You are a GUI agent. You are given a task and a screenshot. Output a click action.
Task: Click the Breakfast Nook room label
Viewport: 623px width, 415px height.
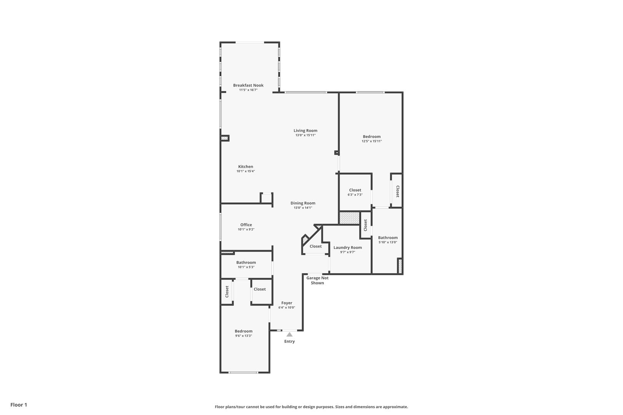coord(248,85)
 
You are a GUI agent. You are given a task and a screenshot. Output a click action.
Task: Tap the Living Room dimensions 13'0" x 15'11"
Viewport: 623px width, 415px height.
coord(305,135)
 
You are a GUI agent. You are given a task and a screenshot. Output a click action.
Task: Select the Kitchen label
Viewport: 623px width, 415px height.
coord(245,167)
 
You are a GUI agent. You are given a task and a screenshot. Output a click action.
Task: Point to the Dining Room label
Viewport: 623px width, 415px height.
coord(303,203)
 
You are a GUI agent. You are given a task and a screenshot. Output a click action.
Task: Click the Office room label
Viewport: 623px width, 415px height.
coord(246,225)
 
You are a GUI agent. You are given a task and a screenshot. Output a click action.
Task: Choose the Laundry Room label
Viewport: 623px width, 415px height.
coord(348,247)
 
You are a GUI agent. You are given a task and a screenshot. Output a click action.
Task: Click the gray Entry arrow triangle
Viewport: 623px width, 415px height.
coord(289,335)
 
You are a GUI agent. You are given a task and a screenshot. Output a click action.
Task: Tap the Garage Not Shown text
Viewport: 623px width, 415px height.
coord(317,280)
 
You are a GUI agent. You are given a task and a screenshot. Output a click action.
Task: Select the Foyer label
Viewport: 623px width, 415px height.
coord(287,303)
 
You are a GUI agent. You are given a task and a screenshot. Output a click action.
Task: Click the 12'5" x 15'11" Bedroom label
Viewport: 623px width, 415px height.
coord(371,136)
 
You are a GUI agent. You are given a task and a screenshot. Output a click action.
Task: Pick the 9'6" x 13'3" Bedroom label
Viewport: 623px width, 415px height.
coord(243,331)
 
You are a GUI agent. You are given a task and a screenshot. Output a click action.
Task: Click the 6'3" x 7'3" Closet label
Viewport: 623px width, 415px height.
coord(355,190)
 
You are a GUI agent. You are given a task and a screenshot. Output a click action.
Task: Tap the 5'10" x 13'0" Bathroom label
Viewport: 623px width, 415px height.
coord(388,237)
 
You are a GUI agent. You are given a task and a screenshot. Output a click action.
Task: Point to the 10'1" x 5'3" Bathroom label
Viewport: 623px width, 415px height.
coord(246,262)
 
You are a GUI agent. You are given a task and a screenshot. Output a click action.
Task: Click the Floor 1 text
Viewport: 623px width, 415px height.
coord(18,405)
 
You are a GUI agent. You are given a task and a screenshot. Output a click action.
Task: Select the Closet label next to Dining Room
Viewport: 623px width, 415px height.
coord(315,246)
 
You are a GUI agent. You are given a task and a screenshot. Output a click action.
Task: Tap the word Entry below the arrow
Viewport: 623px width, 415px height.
coord(289,341)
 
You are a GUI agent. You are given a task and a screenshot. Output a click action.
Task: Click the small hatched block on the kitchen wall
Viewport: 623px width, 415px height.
coord(225,138)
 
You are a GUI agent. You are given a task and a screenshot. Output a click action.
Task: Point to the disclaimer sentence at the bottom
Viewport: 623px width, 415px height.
coord(311,407)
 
